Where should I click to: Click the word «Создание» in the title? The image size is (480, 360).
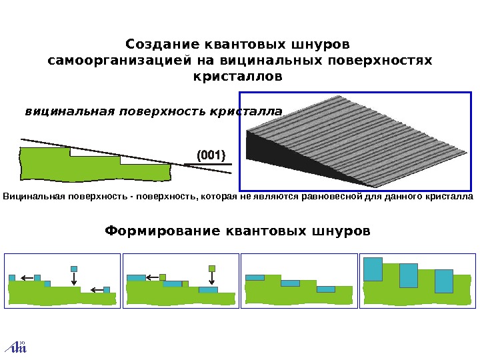155,45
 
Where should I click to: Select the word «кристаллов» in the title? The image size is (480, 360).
237,77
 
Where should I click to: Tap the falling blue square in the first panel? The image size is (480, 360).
74,269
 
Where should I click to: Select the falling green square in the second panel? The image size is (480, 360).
212,268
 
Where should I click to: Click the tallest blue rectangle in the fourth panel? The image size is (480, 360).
373,269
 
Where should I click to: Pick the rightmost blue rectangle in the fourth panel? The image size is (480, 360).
443,281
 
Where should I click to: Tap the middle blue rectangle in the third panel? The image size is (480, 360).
290,283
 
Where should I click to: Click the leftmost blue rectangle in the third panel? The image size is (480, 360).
255,277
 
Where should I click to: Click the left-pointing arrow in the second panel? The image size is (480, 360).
152,277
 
